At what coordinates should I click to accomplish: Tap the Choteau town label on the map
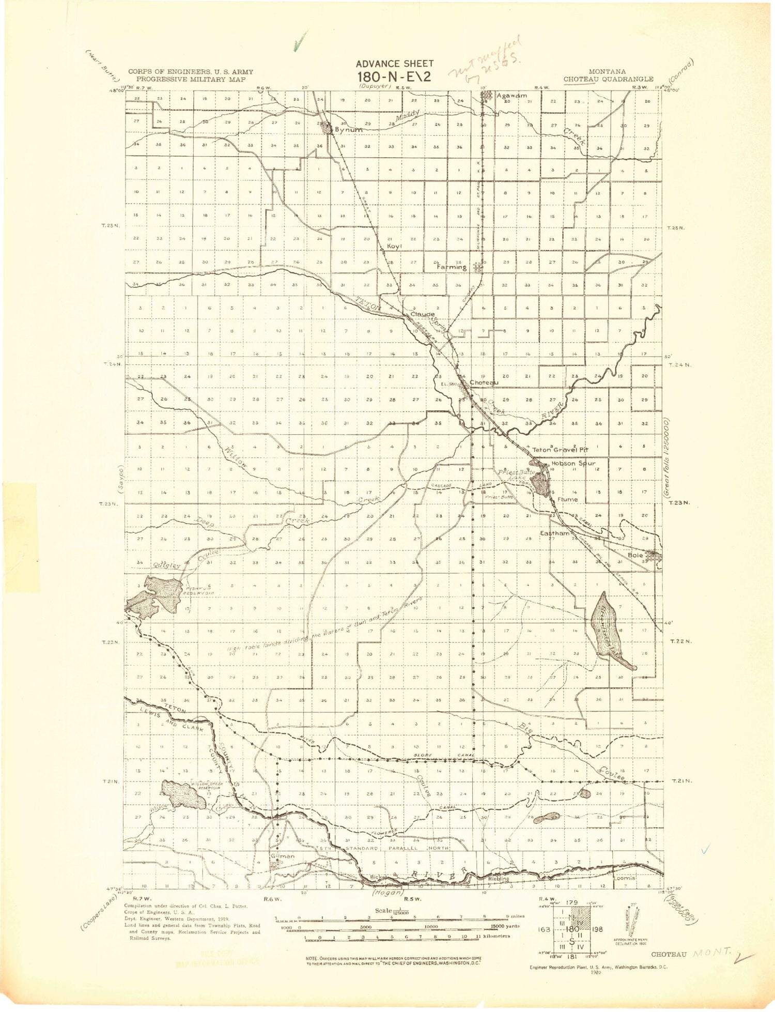pos(484,382)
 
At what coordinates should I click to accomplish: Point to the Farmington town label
pos(452,267)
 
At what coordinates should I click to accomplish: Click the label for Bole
pos(635,555)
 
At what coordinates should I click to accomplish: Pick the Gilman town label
pos(282,856)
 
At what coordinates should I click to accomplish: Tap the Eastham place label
pos(555,533)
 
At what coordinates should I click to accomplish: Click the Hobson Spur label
pos(574,464)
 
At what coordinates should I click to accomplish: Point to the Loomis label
pos(624,878)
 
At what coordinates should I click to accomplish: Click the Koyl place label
pos(395,246)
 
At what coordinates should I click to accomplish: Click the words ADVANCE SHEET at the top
pos(394,64)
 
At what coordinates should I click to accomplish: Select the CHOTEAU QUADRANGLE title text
pos(608,79)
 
